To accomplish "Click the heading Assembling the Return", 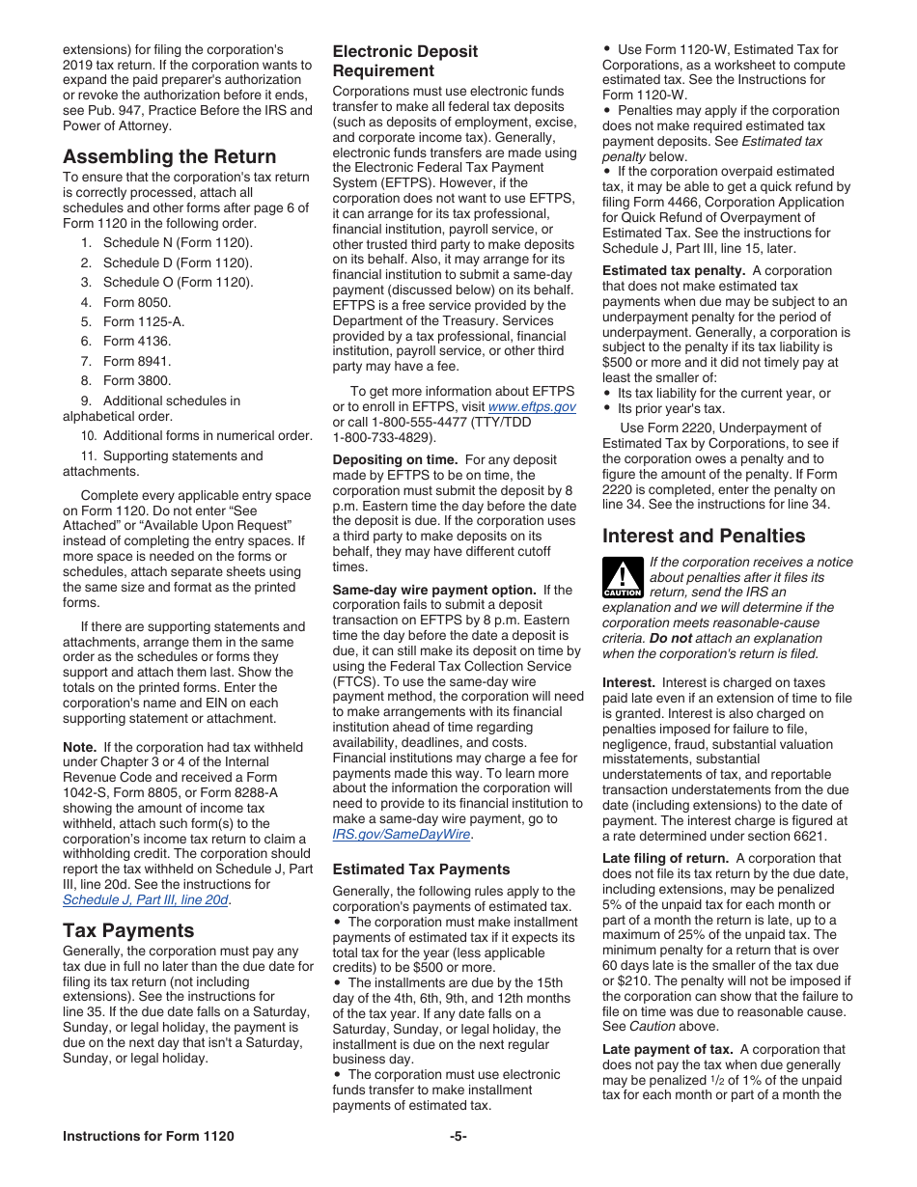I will pyautogui.click(x=169, y=156).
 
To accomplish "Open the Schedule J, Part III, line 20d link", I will pyautogui.click(x=146, y=899).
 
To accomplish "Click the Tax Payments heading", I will pyautogui.click(x=128, y=930).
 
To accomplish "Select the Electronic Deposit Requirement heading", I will pyautogui.click(x=404, y=61).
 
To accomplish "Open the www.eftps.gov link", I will pyautogui.click(x=533, y=407).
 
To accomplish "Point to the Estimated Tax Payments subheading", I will pyautogui.click(x=421, y=870).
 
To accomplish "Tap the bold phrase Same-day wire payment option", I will pyautogui.click(x=433, y=590).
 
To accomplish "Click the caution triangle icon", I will pyautogui.click(x=623, y=576).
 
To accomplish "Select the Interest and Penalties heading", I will pyautogui.click(x=703, y=536).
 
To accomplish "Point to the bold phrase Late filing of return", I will pyautogui.click(x=665, y=859).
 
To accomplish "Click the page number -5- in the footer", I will pyautogui.click(x=458, y=1136).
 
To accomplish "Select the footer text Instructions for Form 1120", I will pyautogui.click(x=148, y=1136).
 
